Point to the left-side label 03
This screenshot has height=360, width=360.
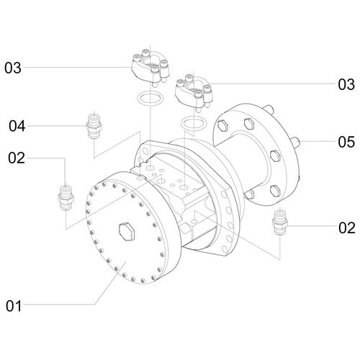(13, 68)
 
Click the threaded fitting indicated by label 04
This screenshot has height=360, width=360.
(92, 127)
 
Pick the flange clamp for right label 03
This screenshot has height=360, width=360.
(191, 90)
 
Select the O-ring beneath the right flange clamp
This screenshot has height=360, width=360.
(190, 124)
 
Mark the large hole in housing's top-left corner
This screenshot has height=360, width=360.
(146, 152)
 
